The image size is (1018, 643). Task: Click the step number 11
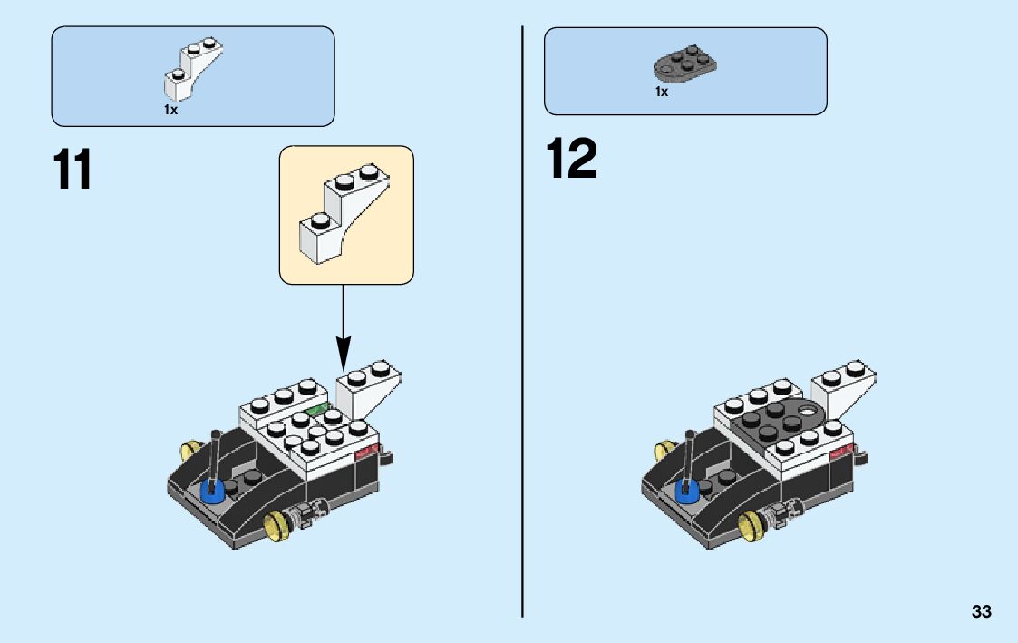pos(73,170)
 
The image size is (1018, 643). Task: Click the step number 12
pos(571,160)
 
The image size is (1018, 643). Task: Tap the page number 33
pos(981,612)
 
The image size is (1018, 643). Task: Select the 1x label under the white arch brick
pos(170,110)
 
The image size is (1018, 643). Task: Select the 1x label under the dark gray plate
pos(662,92)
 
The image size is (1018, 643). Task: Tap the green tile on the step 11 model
pos(318,410)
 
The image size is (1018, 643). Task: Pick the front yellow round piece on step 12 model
pos(750,523)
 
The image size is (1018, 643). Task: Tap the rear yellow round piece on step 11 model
pos(191,449)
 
